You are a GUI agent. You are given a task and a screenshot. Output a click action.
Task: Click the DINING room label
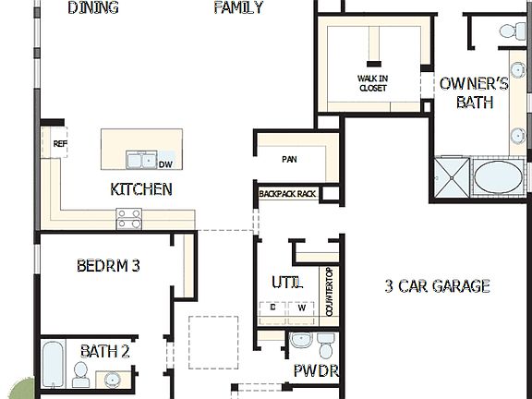coord(94,8)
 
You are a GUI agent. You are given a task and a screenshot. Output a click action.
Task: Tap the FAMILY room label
coord(238,8)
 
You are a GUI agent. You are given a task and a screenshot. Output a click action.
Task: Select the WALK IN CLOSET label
coord(372,83)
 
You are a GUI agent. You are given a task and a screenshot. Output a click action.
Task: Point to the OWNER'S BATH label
coord(474,92)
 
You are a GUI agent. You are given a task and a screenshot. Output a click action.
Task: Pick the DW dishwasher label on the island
coord(165,164)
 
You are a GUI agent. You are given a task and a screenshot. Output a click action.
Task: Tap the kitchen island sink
coord(141,161)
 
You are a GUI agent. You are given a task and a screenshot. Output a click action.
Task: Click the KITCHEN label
coord(140,189)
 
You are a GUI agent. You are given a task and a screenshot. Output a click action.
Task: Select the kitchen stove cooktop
coord(128,219)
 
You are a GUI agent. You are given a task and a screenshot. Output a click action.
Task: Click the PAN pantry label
coord(289,159)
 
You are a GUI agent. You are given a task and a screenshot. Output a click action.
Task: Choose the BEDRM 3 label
coord(108,266)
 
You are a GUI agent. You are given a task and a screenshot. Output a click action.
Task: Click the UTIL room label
coord(286,282)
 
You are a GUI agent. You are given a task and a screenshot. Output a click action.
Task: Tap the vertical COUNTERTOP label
coord(330,292)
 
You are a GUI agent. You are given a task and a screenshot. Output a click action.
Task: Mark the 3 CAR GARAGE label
coord(437,285)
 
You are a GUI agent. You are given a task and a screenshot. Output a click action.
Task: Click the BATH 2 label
coord(105,351)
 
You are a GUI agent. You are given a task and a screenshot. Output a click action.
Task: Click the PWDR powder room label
coord(316,371)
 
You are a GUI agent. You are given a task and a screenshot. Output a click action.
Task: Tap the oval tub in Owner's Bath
coord(499,176)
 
